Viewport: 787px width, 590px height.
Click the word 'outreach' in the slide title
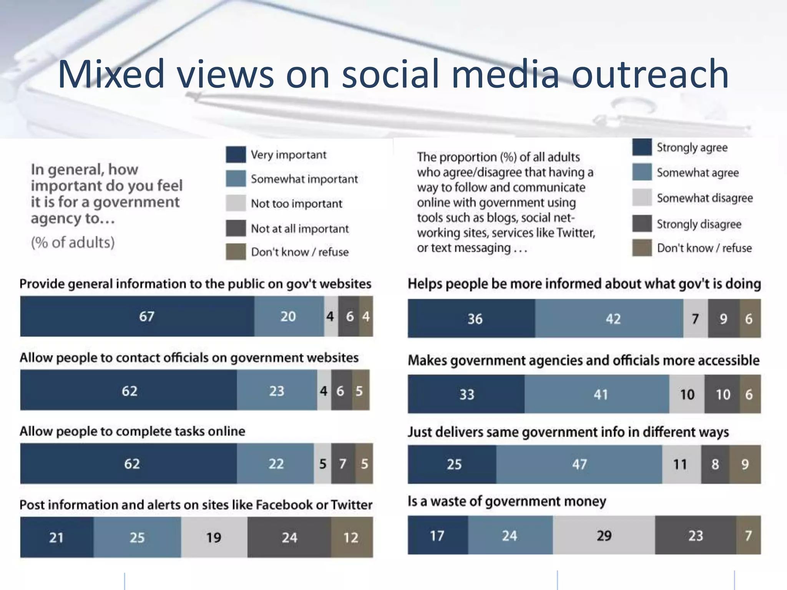click(x=649, y=74)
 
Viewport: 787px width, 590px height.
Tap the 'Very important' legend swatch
click(x=236, y=154)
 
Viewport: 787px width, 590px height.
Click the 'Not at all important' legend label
click(x=300, y=229)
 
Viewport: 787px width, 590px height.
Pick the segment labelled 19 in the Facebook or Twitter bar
click(x=214, y=537)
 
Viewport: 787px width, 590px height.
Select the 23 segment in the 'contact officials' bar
click(x=277, y=390)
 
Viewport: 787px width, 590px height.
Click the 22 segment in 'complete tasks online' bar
click(x=276, y=464)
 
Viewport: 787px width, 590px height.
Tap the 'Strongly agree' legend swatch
click(x=642, y=147)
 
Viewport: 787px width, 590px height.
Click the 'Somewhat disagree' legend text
click(x=705, y=198)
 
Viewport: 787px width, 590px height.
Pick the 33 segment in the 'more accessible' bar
click(x=466, y=394)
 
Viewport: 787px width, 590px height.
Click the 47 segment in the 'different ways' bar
click(x=579, y=464)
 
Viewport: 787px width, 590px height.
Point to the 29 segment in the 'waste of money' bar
click(x=604, y=535)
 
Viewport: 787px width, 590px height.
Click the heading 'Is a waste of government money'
click(x=507, y=501)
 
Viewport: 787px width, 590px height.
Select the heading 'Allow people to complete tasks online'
click(x=132, y=431)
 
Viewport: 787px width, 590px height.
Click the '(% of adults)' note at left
click(x=73, y=242)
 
